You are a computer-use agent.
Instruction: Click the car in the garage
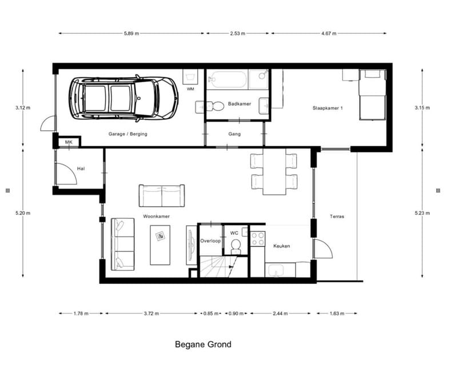[123, 98]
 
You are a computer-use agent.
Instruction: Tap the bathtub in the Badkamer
[227, 79]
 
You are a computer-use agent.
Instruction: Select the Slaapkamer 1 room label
[328, 108]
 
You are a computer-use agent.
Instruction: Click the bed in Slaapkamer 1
[372, 94]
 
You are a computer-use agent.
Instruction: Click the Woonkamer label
[156, 217]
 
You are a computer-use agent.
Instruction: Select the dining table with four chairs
[274, 171]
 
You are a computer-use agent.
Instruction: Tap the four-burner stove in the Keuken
[258, 238]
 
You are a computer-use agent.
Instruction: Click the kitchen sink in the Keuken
[276, 270]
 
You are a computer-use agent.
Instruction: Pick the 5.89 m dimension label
[131, 33]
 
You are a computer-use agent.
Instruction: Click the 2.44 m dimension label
[280, 313]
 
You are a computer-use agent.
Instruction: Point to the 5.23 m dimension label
[422, 213]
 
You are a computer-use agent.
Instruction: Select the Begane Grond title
[203, 345]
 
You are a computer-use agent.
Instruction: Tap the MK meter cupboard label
[69, 142]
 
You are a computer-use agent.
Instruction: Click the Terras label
[337, 217]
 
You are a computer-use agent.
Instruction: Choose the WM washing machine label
[190, 89]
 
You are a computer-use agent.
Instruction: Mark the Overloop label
[210, 241]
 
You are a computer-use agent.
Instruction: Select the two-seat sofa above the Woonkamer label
[162, 195]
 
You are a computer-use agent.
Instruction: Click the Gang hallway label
[234, 134]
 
